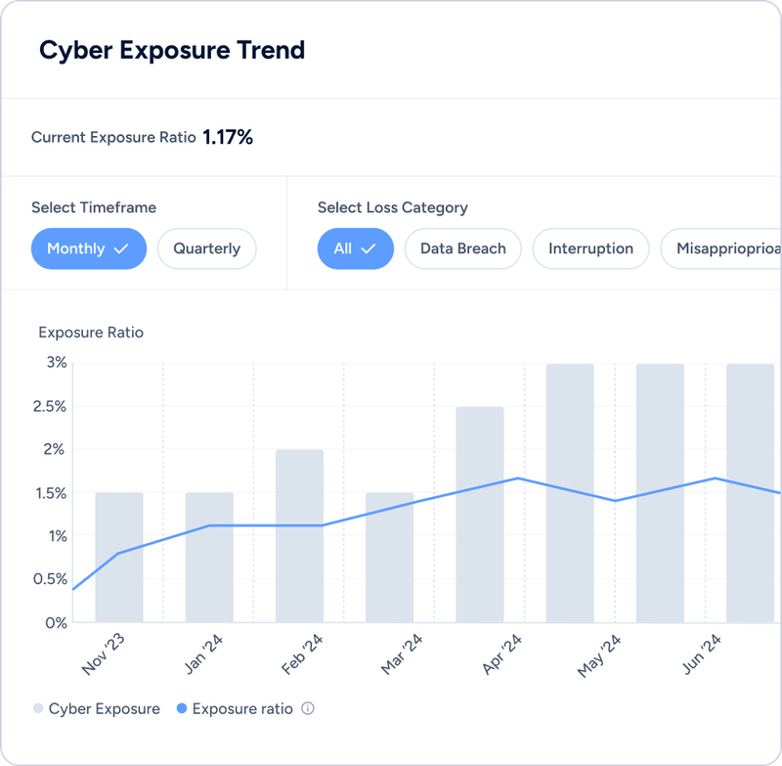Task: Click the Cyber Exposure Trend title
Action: [172, 51]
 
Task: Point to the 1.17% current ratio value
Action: [228, 138]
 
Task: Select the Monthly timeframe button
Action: [88, 248]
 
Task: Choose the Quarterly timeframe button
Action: [206, 248]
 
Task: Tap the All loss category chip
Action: [355, 248]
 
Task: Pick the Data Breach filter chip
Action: [462, 248]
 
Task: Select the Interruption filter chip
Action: [590, 248]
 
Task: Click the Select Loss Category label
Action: [392, 207]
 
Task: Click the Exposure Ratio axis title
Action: [91, 333]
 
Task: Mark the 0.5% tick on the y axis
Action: [51, 579]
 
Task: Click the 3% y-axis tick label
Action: [57, 363]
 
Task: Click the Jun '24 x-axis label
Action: [700, 653]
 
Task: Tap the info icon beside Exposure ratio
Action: [308, 708]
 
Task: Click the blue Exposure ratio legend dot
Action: [181, 708]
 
